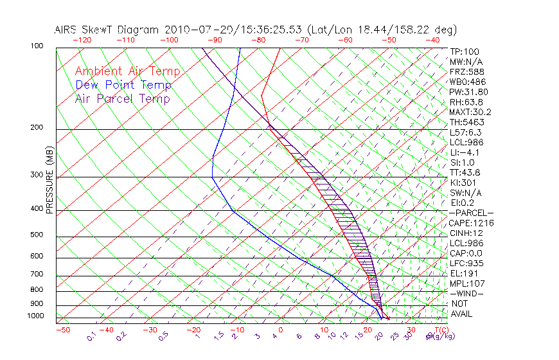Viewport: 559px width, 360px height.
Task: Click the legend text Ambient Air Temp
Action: tap(128, 71)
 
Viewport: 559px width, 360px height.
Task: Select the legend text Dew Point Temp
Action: tap(123, 85)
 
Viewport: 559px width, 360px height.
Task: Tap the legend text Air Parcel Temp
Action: tap(123, 98)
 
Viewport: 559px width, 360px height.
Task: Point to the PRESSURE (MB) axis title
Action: tap(49, 179)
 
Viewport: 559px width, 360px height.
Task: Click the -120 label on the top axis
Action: tap(81, 40)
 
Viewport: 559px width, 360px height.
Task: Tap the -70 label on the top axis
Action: tap(301, 40)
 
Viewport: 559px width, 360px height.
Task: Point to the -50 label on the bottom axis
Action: tap(63, 330)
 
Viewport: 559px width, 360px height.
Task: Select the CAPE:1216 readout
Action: tap(470, 223)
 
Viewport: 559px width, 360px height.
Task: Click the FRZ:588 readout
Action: tap(466, 71)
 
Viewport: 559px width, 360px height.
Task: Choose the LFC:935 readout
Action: tap(466, 264)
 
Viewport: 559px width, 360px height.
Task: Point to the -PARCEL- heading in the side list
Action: tap(472, 213)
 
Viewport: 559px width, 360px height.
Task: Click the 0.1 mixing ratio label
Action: tap(92, 336)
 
